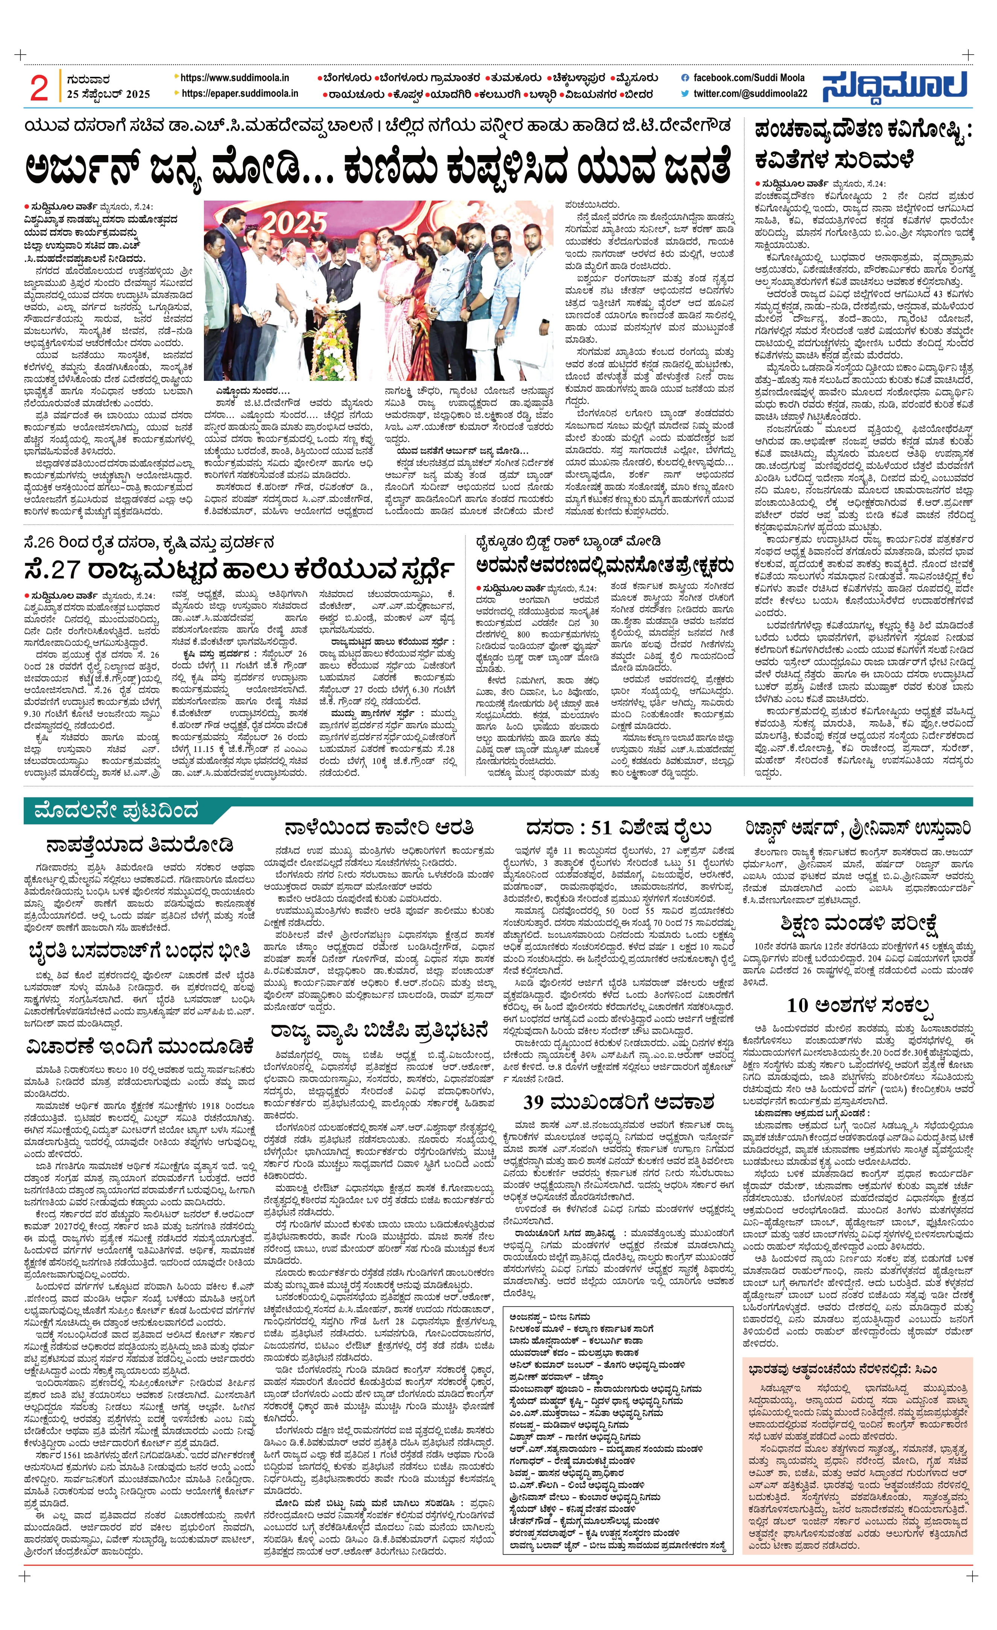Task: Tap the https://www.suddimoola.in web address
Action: (x=235, y=78)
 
